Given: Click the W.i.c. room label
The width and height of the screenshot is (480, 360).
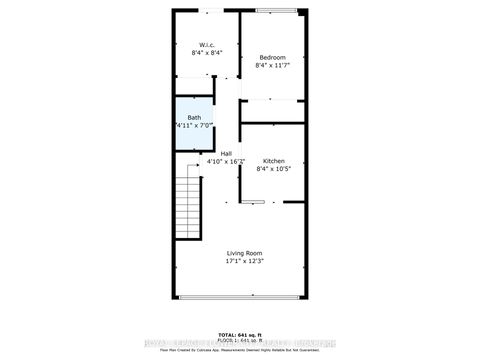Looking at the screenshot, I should [206, 44].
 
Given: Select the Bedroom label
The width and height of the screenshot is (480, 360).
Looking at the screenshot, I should [273, 58].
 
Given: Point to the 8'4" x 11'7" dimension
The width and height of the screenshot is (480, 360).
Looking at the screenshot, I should [273, 67].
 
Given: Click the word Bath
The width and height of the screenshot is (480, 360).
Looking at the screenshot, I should [193, 118].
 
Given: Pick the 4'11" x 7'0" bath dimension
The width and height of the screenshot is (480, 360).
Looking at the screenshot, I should [193, 127].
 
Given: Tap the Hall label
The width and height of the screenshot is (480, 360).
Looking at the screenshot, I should [226, 153].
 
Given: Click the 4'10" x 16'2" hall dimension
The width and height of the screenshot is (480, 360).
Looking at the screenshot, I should [226, 162].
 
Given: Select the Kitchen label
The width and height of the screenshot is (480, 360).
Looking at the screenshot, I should [273, 161].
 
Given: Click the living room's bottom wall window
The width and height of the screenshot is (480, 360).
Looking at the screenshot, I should [240, 298].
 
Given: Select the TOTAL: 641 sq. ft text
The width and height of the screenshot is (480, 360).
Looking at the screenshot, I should [240, 333].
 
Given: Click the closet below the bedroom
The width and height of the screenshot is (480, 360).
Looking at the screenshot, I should [273, 111].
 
